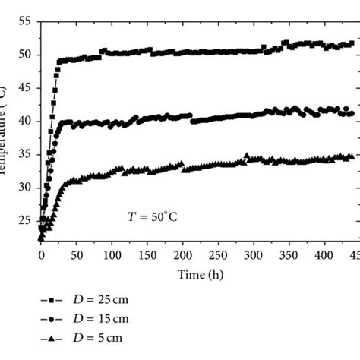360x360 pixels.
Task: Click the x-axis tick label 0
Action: point(41,257)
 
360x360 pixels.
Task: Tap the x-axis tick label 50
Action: point(76,257)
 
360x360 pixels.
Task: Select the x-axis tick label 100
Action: point(112,257)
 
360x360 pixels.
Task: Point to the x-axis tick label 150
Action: point(147,257)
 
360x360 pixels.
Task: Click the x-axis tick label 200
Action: point(182,257)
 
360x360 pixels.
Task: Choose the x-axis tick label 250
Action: point(217,257)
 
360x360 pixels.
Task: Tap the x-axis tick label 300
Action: point(253,257)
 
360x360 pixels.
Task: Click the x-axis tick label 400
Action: point(324,257)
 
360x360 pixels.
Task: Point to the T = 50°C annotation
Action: point(152,216)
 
